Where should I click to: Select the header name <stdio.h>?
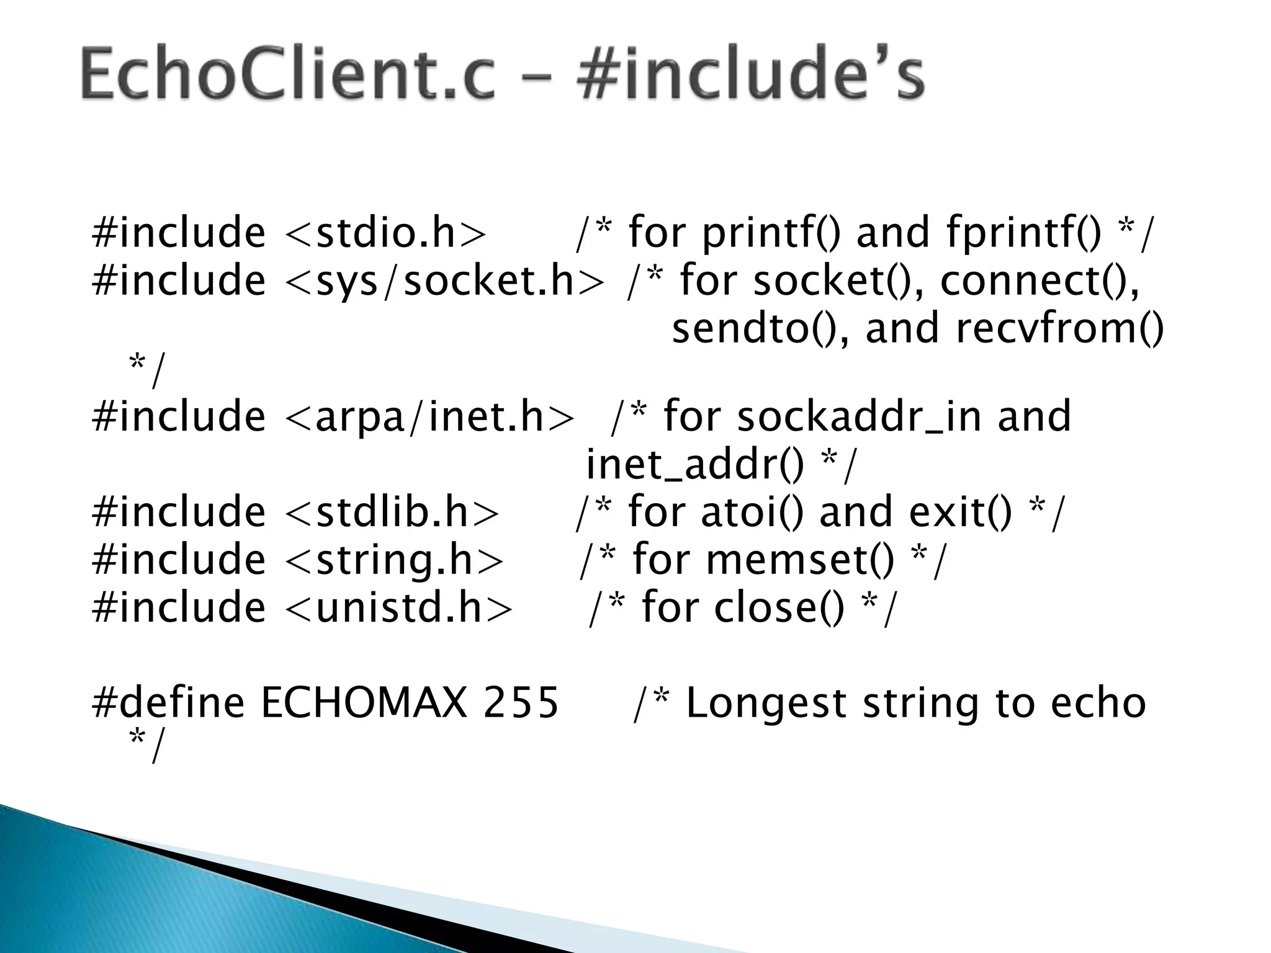pos(385,233)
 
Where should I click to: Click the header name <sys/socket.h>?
pos(444,280)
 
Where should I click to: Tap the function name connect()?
pos(1040,280)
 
